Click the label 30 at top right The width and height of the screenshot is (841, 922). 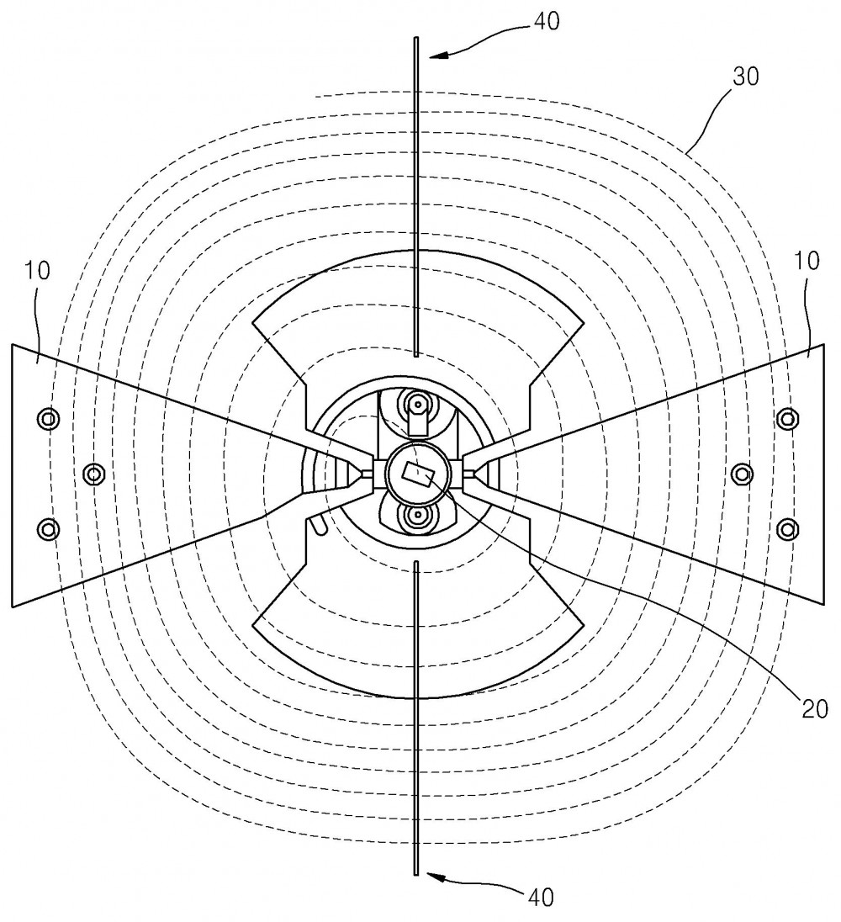(x=745, y=77)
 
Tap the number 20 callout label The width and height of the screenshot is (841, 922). (x=815, y=708)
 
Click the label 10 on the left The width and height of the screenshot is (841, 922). (x=37, y=271)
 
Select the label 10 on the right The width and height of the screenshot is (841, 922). (x=807, y=261)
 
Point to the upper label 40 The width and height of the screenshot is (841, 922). (x=547, y=21)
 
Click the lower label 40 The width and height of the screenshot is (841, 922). (x=540, y=898)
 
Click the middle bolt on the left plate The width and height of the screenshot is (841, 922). (x=94, y=473)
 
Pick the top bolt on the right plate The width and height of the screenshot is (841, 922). (x=787, y=419)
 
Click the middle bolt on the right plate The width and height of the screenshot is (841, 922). (x=743, y=474)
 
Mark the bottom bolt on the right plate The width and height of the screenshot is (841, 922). (x=787, y=529)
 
